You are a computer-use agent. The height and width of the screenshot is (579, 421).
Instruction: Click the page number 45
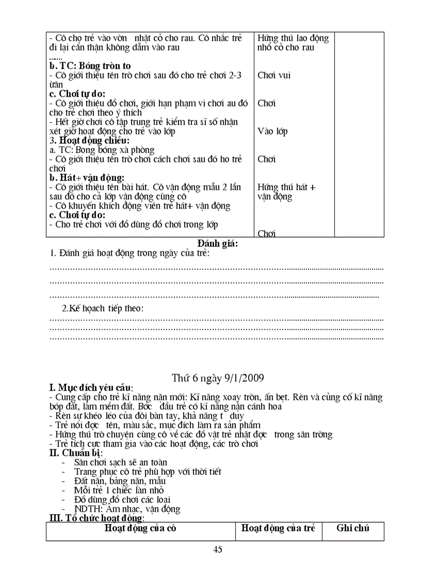217,550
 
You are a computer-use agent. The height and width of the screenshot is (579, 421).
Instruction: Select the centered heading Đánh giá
217,243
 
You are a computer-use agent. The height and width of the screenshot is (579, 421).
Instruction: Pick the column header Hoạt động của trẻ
278,528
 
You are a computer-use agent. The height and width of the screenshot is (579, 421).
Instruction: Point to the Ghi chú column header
353,528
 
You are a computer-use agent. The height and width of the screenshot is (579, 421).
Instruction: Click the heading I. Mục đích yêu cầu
91,388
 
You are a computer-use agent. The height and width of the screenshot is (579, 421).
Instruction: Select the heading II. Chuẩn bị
76,453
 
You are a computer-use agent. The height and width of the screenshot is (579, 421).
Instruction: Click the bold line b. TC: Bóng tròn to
90,65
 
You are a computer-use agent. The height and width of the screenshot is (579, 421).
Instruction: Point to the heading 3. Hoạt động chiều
89,140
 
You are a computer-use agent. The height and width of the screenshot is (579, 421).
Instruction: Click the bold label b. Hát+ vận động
87,178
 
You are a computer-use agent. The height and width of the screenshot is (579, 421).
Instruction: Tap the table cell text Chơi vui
273,75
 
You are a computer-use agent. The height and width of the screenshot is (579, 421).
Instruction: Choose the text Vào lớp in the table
272,131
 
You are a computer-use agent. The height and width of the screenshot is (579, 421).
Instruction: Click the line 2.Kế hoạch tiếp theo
103,308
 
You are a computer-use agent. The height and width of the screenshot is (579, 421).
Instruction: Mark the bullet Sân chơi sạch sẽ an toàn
120,462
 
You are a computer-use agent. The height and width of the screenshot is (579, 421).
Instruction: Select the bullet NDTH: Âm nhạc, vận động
127,509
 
